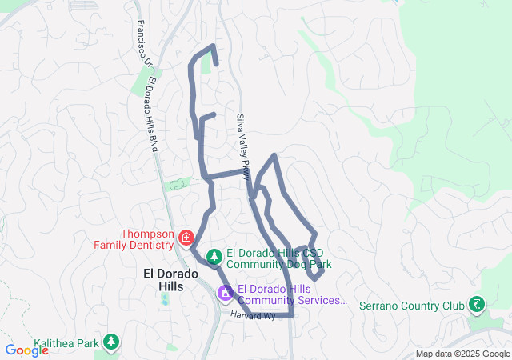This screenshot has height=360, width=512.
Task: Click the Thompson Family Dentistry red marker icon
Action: (186, 238)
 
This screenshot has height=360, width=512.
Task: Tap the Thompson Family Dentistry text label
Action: (147, 239)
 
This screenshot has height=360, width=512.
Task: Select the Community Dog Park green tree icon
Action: (214, 257)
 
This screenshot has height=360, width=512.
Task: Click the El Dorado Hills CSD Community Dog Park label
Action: (278, 258)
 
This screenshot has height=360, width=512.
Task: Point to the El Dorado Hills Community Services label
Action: (292, 295)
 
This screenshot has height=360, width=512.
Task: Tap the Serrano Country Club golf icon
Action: (477, 305)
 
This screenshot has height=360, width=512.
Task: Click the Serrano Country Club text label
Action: (411, 306)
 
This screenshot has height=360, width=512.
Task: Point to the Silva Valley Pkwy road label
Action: (243, 145)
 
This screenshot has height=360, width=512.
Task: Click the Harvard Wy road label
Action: (252, 317)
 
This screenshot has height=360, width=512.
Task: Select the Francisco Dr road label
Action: (142, 43)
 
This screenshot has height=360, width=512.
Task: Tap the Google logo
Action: (26, 350)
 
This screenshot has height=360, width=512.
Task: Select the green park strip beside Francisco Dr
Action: (149, 79)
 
